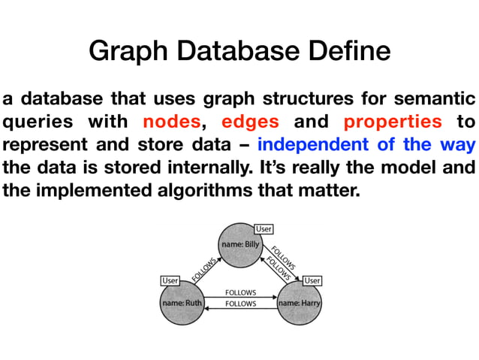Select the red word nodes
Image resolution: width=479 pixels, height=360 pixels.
click(172, 121)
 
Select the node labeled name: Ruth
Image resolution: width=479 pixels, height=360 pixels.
click(182, 304)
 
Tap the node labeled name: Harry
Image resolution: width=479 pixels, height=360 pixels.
click(300, 304)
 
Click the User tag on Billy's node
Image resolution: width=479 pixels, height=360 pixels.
click(264, 228)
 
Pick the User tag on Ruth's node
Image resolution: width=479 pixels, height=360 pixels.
click(170, 280)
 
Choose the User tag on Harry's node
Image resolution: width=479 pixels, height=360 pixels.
click(312, 280)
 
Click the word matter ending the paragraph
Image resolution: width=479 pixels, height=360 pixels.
click(333, 190)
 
